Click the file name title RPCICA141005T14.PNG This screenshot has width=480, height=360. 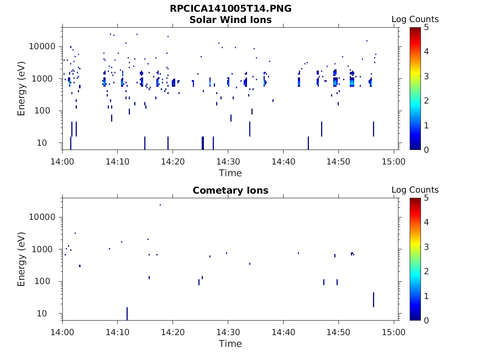[x=230, y=9]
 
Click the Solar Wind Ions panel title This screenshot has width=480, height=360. [x=230, y=20]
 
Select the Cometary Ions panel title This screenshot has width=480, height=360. [x=230, y=190]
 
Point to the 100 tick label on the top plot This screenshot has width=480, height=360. [x=47, y=111]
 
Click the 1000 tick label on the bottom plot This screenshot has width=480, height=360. [x=45, y=249]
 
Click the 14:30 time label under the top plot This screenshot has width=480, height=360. [x=228, y=162]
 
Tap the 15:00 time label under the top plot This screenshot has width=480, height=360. [x=394, y=162]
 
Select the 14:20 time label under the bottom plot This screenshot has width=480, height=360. [x=172, y=332]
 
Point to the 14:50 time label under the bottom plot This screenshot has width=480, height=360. [x=338, y=332]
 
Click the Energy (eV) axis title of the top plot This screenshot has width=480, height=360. [x=22, y=89]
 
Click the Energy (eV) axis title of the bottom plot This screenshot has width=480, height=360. [x=22, y=259]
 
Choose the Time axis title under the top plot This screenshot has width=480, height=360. [x=230, y=173]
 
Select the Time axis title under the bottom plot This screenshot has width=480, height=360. [x=230, y=344]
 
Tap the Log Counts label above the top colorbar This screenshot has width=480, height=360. [x=415, y=19]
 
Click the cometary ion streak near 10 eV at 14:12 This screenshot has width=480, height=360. [x=127, y=314]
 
